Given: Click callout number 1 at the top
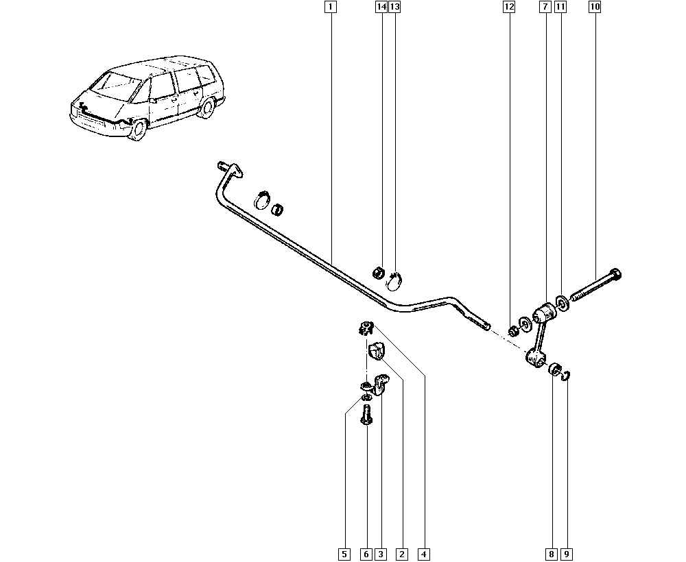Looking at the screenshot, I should [331, 8].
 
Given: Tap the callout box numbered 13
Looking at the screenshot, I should [394, 8].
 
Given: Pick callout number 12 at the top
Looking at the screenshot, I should [509, 8].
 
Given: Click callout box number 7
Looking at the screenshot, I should [545, 8].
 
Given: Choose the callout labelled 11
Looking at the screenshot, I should [560, 8].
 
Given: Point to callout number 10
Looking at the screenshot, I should [595, 8].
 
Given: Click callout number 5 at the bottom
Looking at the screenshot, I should [344, 553].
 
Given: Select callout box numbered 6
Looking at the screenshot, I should [366, 553].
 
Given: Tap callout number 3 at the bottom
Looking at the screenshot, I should [380, 553].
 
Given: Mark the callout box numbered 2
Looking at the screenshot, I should [402, 553].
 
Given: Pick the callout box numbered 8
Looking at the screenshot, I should [551, 553].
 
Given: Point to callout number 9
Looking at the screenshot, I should [567, 553].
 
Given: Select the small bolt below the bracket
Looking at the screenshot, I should [366, 415].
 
